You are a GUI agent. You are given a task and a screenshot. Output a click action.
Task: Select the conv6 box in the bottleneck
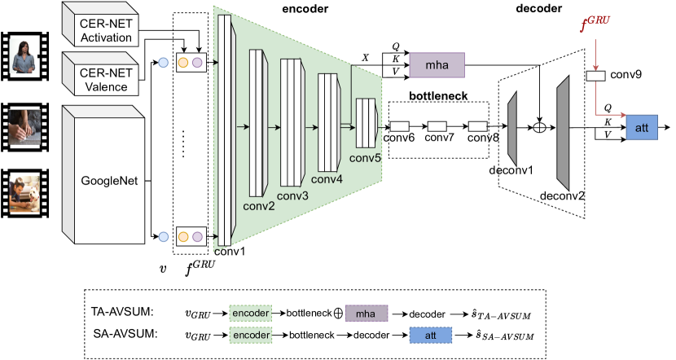pos(399,126)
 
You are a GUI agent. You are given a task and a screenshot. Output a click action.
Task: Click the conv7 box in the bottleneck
pos(437,126)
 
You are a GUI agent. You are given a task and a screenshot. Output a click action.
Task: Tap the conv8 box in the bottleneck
pos(477,126)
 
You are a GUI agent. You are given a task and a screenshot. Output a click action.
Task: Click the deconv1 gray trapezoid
pos(514,127)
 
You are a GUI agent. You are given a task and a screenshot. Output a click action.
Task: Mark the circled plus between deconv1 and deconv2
pos(538,127)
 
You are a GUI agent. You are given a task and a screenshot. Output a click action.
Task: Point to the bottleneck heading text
pos(437,95)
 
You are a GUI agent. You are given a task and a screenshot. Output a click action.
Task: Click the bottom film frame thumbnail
pos(24,193)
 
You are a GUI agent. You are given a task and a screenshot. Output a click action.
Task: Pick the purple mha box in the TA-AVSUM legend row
pos(367,312)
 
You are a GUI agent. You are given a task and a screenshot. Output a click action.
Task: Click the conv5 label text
pos(367,158)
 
